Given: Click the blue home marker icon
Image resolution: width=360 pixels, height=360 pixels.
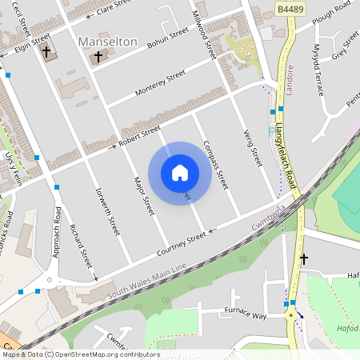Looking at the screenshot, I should coord(180,172).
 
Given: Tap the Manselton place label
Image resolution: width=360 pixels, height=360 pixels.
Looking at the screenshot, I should coord(108,41).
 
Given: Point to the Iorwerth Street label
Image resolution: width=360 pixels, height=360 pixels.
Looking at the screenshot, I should coord(107,211).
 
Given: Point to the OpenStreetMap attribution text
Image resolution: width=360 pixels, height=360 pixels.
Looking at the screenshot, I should coord(80,354).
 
